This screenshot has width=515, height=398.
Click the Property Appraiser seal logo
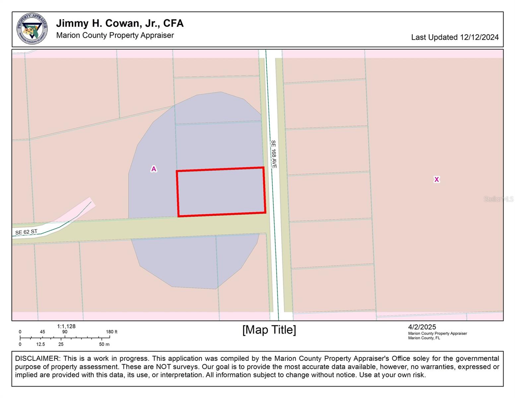[x=32, y=29]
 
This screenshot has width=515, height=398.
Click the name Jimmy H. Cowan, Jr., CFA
[x=120, y=23]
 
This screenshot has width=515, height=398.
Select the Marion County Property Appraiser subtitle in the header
[x=115, y=35]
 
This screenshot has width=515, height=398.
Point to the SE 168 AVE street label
[x=274, y=154]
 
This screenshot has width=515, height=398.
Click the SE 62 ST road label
[x=26, y=232]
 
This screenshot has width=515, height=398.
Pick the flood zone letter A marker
[x=154, y=169]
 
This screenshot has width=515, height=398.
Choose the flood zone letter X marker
[x=436, y=179]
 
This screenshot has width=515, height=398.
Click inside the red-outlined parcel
[x=221, y=192]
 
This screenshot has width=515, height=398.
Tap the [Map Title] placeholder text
[x=269, y=330]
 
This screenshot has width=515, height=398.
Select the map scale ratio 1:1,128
[x=66, y=326]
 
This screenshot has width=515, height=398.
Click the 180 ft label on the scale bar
[x=112, y=332]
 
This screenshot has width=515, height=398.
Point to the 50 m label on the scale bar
[x=104, y=344]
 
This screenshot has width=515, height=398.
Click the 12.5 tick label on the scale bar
[x=40, y=344]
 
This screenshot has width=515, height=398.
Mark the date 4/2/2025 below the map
[x=422, y=327]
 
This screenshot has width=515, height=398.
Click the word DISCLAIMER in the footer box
[x=37, y=359]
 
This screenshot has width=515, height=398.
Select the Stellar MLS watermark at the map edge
[x=498, y=199]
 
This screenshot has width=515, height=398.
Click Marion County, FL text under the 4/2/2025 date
[x=424, y=338]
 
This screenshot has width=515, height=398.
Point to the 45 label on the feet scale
[x=42, y=332]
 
